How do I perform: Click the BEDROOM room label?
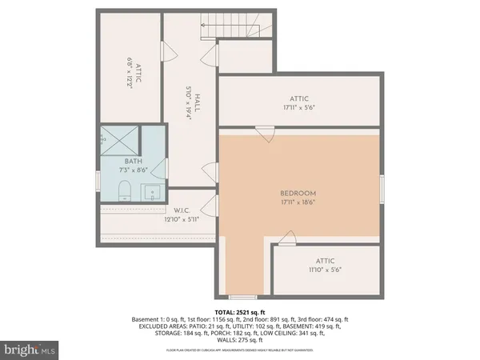pyautogui.click(x=298, y=194)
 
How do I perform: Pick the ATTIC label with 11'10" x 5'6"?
pyautogui.click(x=325, y=261)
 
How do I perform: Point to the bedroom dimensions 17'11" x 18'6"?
pyautogui.click(x=298, y=203)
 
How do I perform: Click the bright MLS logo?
pyautogui.click(x=30, y=350)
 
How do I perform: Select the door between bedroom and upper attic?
pyautogui.click(x=262, y=131)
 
